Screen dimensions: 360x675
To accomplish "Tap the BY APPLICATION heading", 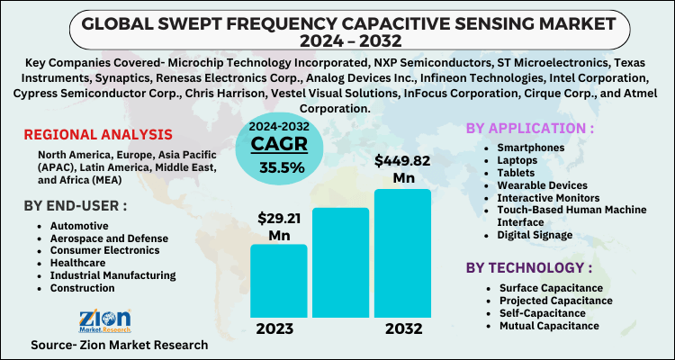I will pos(530,129).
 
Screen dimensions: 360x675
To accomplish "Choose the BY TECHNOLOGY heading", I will pos(529,267).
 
